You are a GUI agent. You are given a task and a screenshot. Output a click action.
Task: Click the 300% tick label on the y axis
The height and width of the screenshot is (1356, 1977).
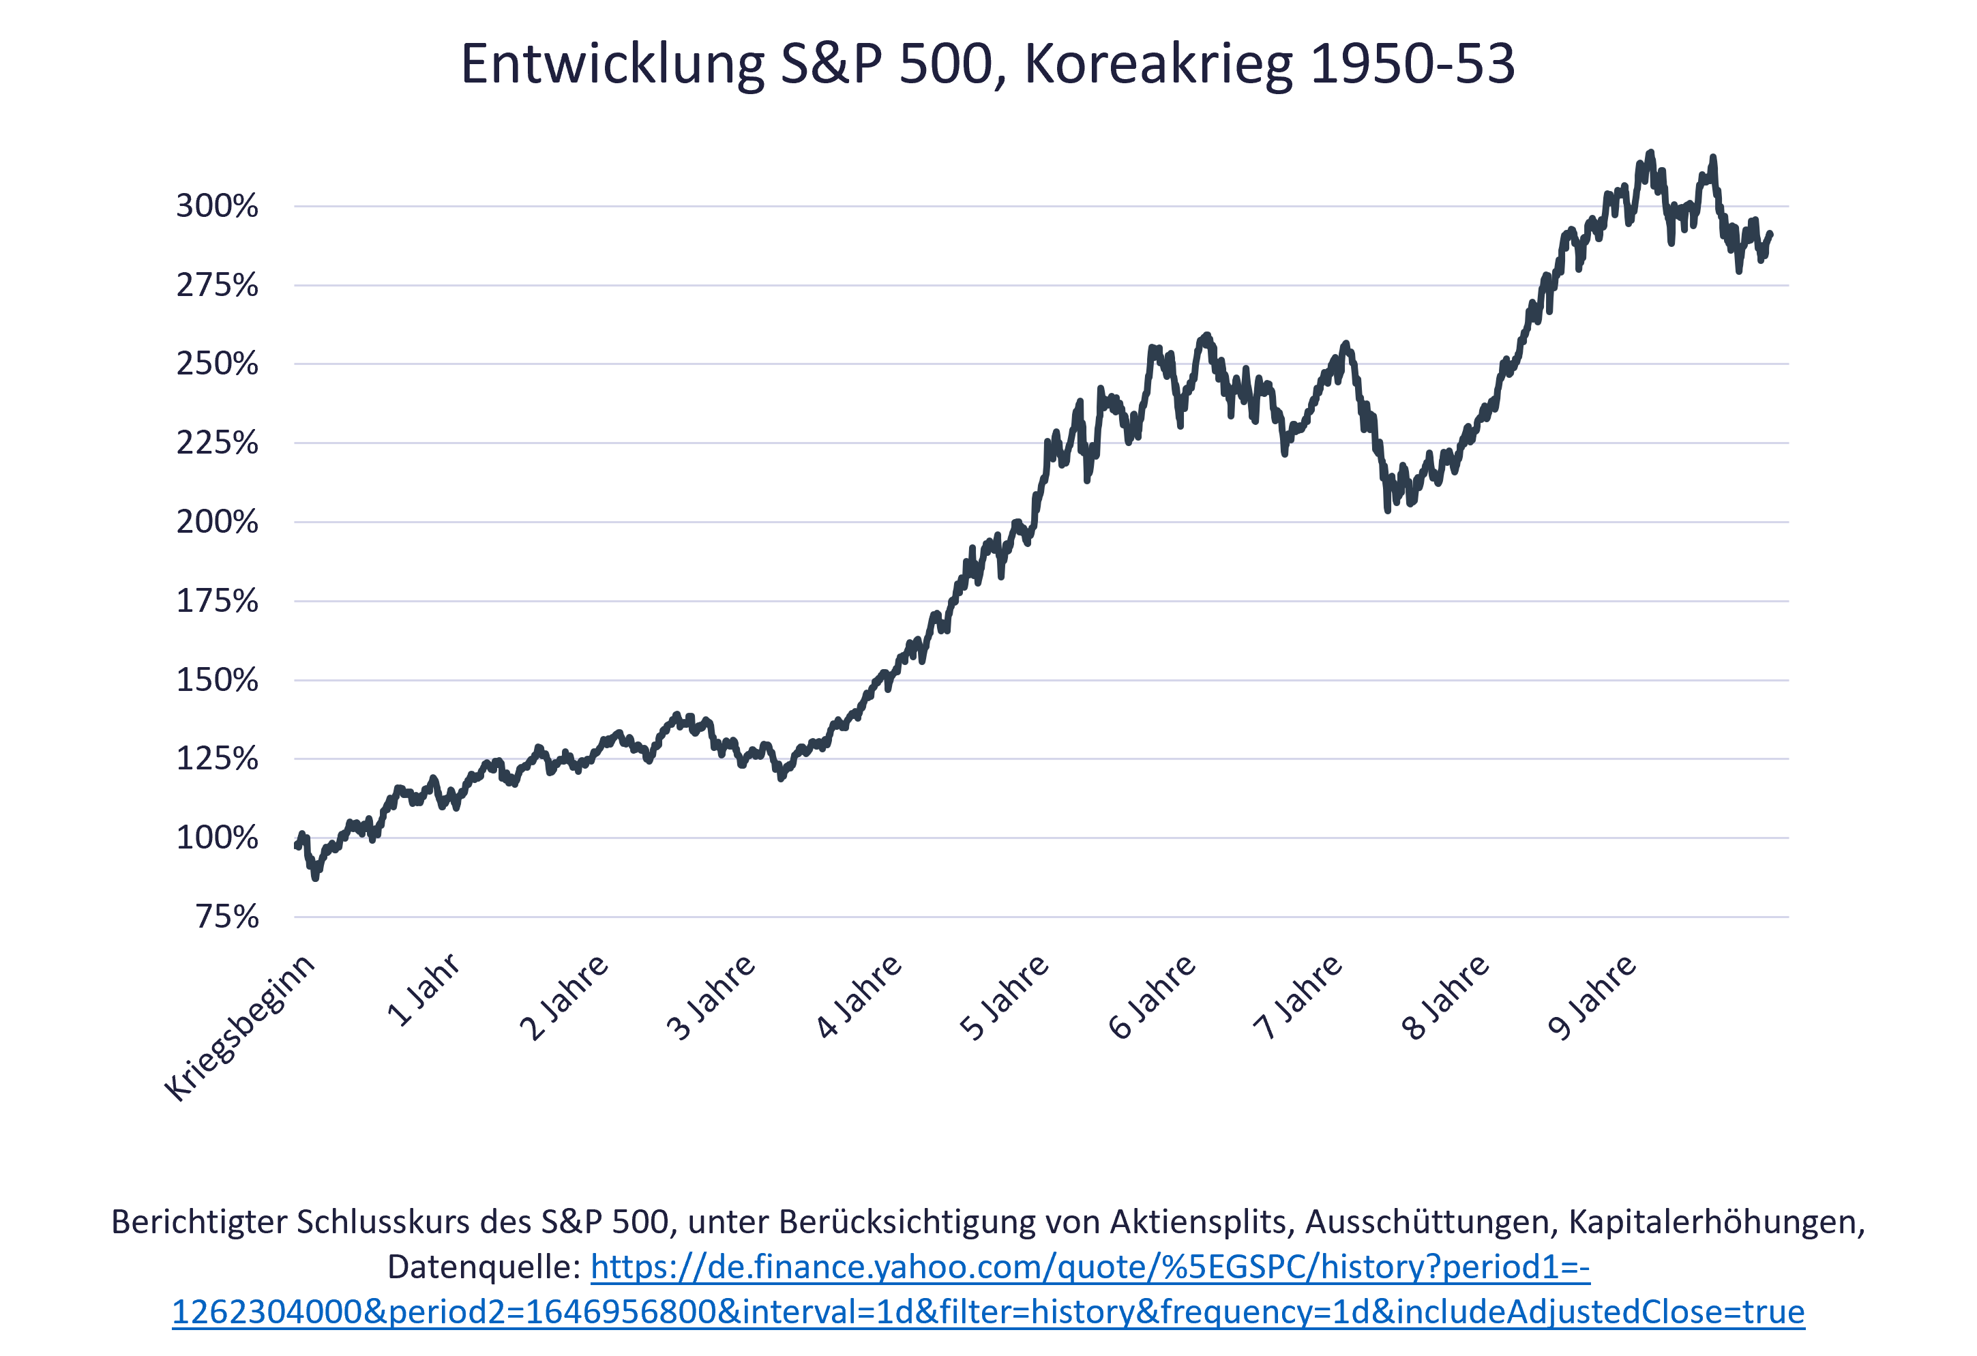(217, 206)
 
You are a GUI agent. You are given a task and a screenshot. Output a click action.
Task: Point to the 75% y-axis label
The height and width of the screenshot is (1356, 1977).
(227, 917)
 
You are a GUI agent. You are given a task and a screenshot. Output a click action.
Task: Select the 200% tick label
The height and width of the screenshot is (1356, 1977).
(217, 522)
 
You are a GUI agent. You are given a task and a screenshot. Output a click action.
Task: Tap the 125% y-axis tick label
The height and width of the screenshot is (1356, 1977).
(217, 758)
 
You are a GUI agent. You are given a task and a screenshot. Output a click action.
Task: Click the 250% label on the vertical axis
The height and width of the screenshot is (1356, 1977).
(217, 364)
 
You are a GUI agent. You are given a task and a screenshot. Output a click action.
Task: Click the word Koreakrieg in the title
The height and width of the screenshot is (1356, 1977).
(1158, 64)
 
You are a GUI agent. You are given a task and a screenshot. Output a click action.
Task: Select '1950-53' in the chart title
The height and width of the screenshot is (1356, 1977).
(1412, 64)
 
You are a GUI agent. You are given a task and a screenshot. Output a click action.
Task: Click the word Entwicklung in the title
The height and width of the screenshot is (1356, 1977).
(612, 64)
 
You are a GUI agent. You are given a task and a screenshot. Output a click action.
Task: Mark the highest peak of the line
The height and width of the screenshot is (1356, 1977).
(1650, 154)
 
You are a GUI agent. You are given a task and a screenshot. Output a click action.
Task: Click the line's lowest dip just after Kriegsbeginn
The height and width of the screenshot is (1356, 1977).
(316, 876)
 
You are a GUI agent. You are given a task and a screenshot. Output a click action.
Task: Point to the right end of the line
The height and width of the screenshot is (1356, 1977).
(1770, 233)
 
